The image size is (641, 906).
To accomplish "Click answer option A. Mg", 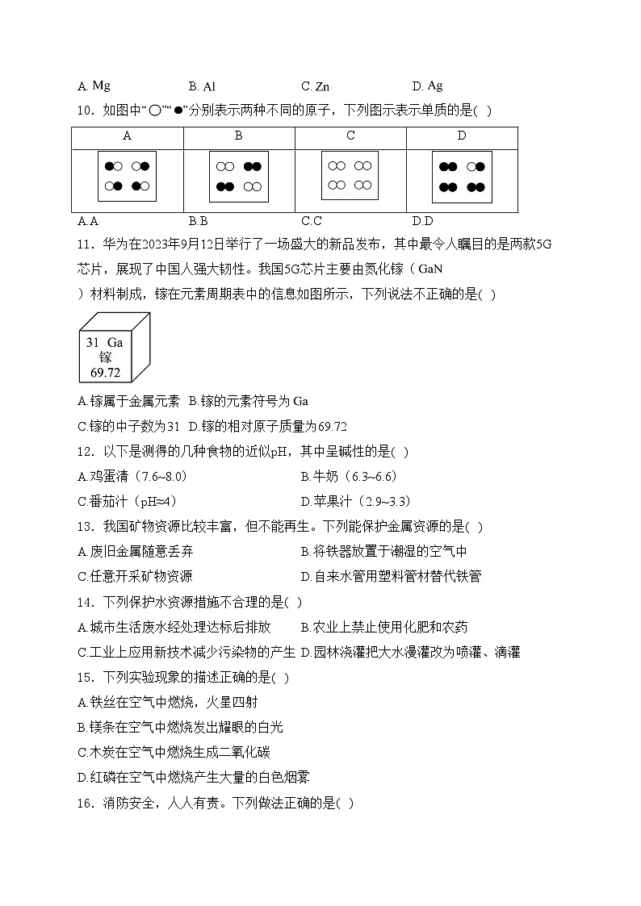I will pos(94,86).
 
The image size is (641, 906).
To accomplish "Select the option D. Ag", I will pos(427,86).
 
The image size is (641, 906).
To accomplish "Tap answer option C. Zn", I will pos(315,86).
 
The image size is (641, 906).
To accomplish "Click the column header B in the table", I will pos(238,136).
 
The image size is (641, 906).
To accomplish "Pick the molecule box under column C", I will pos(350,176).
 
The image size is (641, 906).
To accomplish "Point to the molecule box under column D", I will pos(462,177).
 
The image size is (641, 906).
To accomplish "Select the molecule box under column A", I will pos(127,177).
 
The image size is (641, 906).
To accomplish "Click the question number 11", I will pos(85,244).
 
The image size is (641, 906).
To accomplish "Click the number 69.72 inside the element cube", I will pos(106,372).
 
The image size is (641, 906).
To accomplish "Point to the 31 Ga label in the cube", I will pos(105,342).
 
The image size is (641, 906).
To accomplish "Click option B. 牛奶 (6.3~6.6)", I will pos(348,476).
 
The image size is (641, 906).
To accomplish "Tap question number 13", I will pos(85,527).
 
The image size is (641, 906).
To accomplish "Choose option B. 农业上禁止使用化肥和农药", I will pos(383,627).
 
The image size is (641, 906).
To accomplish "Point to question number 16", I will pos(85,803).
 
